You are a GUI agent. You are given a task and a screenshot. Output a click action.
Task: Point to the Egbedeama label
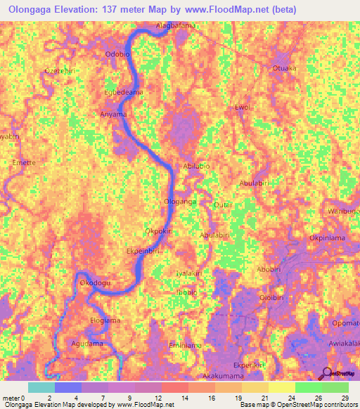pyautogui.click(x=124, y=92)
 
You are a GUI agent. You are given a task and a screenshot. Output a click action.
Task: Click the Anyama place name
pyautogui.click(x=113, y=114)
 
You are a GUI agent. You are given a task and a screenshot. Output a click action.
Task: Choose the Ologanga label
pyautogui.click(x=180, y=201)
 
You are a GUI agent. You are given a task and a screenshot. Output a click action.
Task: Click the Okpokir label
pyautogui.click(x=158, y=231)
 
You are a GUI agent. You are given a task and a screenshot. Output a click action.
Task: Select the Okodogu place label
pyautogui.click(x=96, y=283)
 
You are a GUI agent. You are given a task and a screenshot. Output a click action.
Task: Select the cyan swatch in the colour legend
pyautogui.click(x=41, y=387)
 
